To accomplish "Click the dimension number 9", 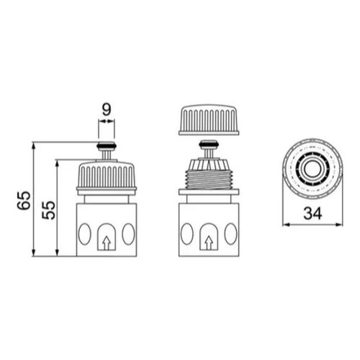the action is pos(107,110).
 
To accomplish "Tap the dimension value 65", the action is pos(24,200).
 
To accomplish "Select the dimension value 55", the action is pos(48,210).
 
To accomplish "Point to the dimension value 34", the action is pos(312,213).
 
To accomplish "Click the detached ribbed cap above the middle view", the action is pos(209,120).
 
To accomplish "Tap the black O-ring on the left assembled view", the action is pos(107,145).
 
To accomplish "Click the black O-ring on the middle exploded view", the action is pos(209,144).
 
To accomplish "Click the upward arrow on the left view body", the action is pos(107,243).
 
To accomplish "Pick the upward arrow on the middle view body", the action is pos(209,243).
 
